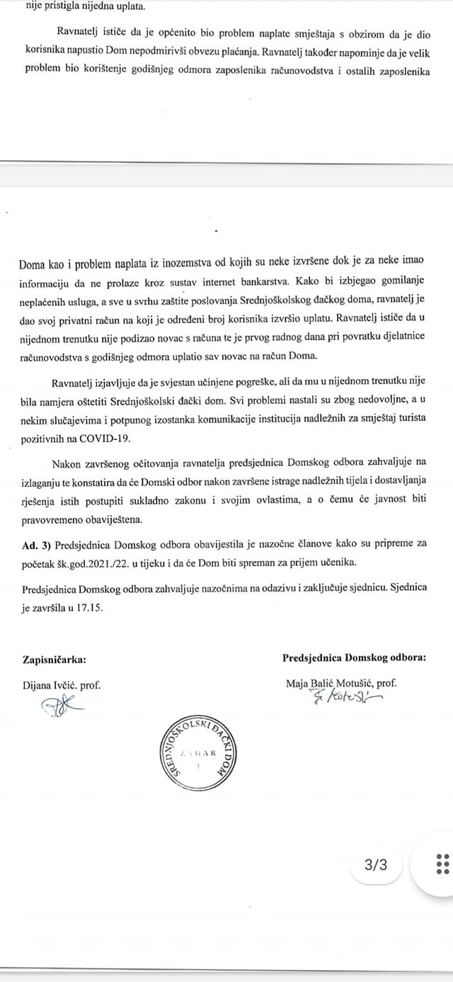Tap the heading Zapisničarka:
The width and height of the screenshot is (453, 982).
[55, 659]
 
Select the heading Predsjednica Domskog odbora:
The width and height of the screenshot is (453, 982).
[354, 657]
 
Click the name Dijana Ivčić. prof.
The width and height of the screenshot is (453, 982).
[62, 685]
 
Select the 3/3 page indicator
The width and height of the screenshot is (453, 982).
[376, 864]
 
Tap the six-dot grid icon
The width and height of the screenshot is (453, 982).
[442, 864]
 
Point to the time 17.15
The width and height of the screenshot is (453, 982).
[89, 609]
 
